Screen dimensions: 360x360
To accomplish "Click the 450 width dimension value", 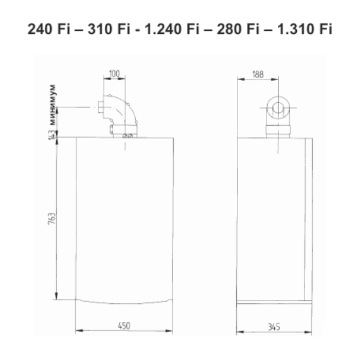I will [x=124, y=326].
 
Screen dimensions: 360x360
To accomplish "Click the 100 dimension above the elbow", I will [x=114, y=75].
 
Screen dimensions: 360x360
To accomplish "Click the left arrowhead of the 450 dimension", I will [x=78, y=331].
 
